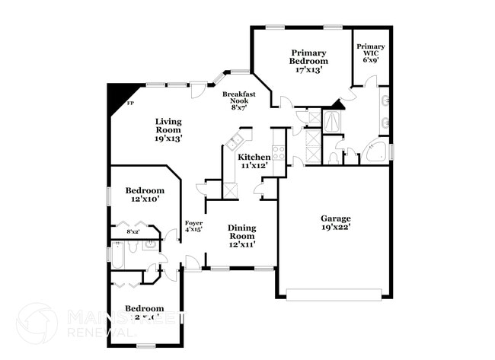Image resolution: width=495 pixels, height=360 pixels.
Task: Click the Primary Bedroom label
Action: coord(308,61)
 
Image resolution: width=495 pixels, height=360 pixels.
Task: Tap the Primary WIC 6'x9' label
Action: coord(371,52)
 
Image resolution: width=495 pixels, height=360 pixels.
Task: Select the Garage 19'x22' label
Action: coord(335,221)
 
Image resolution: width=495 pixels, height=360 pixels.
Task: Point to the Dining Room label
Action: coord(242,235)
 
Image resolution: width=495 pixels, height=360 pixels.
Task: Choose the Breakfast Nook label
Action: coord(238,100)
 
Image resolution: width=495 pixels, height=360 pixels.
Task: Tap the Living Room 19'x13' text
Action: coord(168,129)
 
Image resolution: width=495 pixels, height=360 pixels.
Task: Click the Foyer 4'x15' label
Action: coord(193,226)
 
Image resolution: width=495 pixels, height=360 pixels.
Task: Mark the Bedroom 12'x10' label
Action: coord(145,194)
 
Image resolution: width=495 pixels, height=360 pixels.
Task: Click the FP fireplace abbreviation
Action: coord(130,103)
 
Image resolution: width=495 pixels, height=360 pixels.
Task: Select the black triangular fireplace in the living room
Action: coord(117,95)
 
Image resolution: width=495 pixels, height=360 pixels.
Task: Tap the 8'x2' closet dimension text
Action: coord(133,231)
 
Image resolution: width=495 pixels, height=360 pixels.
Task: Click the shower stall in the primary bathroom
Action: coord(332,121)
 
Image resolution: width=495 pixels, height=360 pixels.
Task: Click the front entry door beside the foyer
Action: coord(193,263)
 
